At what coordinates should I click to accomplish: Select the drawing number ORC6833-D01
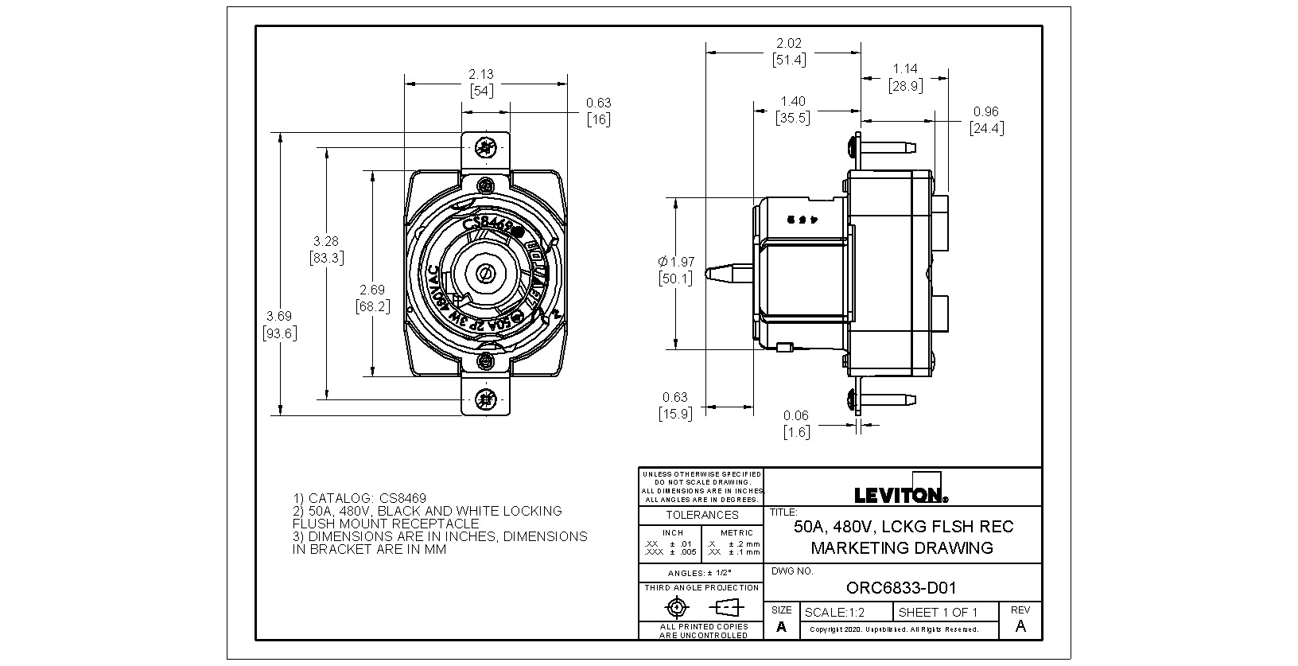901,588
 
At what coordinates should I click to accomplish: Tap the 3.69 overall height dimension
279,316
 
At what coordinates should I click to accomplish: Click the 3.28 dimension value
326,241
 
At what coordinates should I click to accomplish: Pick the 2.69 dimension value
372,290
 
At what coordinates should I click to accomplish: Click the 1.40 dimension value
792,102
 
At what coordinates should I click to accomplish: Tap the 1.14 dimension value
905,69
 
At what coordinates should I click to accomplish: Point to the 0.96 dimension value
985,112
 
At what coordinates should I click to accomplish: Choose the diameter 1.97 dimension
676,262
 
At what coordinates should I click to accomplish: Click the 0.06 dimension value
795,415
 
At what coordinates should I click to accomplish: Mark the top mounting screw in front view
484,147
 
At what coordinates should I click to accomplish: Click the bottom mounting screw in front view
484,399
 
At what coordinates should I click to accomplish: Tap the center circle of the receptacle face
484,274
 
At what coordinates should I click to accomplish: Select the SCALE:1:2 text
834,613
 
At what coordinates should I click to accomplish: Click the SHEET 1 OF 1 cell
938,613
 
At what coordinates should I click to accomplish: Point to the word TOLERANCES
701,515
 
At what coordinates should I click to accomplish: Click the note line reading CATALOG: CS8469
359,498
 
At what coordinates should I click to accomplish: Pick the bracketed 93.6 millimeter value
279,333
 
